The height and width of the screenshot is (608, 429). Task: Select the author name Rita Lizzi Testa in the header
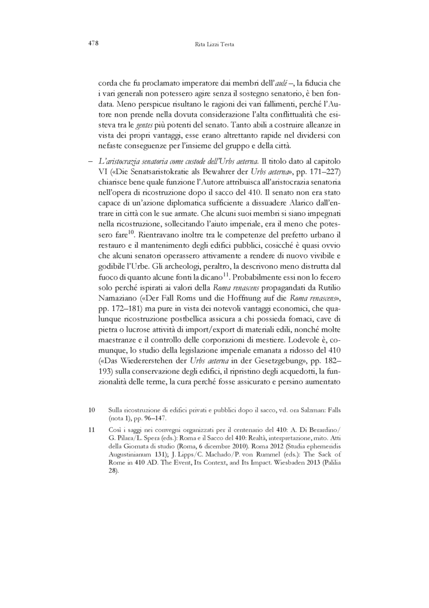[214, 45]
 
